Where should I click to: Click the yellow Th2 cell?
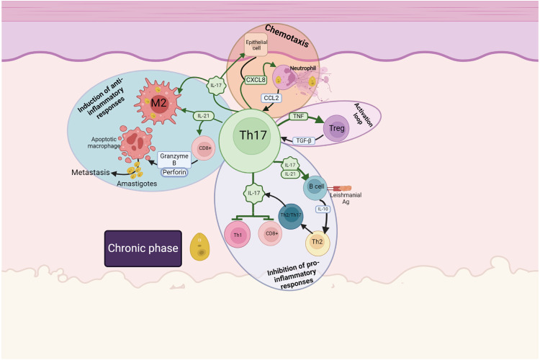(318, 242)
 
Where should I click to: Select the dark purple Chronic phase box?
(142, 248)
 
